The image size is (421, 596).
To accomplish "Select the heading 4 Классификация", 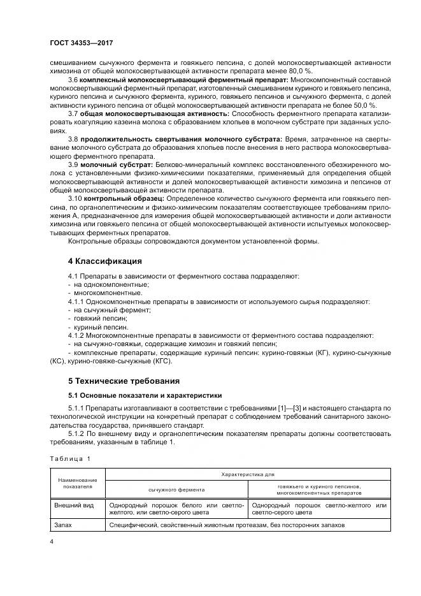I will (x=104, y=261).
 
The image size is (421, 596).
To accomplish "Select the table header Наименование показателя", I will (x=77, y=482).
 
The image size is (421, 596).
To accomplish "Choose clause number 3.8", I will (x=73, y=138).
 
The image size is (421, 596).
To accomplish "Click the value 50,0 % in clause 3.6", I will (x=364, y=105).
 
